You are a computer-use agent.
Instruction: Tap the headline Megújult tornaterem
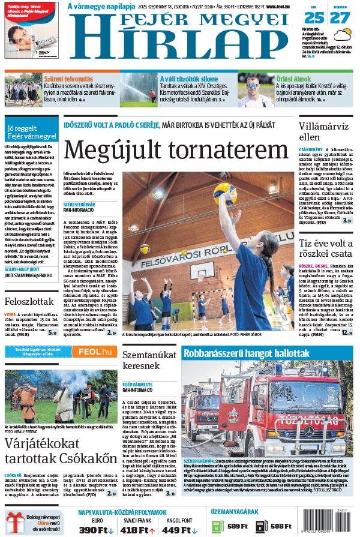176,150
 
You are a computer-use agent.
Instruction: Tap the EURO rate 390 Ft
97,530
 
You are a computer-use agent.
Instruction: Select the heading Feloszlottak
28,301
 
